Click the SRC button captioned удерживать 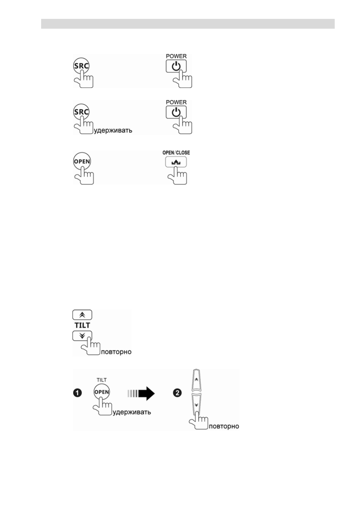point(81,112)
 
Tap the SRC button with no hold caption point(81,66)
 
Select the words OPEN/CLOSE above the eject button point(176,153)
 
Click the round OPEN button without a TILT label point(82,161)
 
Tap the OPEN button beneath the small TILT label point(102,392)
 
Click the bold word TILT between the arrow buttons point(82,325)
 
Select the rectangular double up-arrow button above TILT point(82,315)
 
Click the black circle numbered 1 point(77,393)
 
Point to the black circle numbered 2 point(177,393)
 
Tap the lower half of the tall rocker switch point(197,406)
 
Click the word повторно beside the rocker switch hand point(224,427)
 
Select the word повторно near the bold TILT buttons point(116,352)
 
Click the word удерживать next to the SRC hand point(113,131)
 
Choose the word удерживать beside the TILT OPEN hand point(132,412)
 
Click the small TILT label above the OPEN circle point(102,380)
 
